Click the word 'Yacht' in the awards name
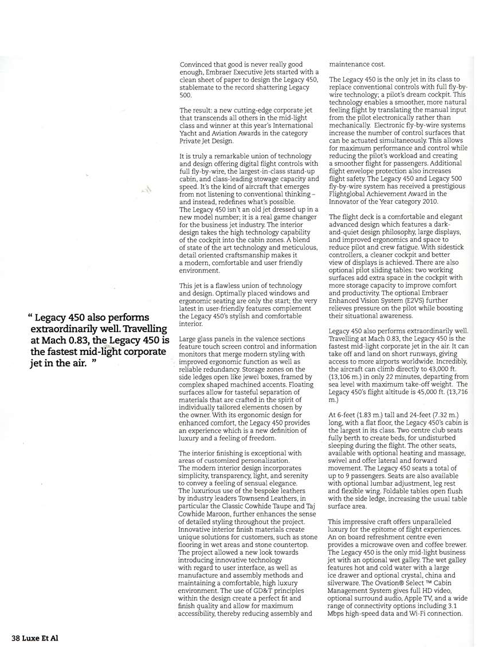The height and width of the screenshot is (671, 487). [190, 132]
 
